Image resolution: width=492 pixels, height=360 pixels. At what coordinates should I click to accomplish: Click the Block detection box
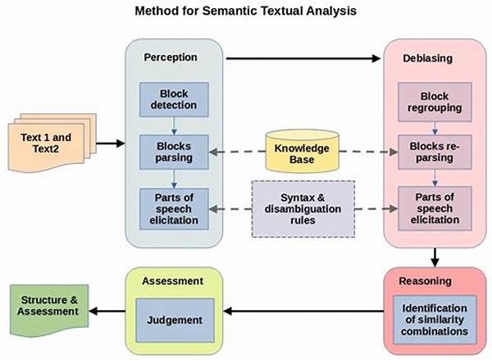tap(174, 99)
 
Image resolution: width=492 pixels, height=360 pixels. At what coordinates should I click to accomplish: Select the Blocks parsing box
tap(174, 153)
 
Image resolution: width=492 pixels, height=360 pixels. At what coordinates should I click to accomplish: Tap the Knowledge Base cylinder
tap(302, 151)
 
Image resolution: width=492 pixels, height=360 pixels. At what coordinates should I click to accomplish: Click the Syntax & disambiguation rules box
tap(303, 209)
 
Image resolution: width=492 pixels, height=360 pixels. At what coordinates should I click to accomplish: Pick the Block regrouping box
tap(435, 102)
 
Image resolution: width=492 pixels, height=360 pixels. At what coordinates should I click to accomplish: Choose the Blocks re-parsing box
tap(435, 153)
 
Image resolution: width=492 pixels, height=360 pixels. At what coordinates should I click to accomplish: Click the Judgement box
tap(175, 320)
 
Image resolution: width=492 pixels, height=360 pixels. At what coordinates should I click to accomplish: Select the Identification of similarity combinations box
tap(435, 320)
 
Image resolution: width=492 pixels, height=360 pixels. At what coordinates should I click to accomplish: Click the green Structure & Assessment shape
tap(49, 310)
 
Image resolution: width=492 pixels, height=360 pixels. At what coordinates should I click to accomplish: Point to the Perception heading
tap(171, 57)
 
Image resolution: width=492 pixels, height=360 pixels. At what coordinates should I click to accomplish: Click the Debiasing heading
tap(428, 58)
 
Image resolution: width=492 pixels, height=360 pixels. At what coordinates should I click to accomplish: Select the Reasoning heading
tap(425, 281)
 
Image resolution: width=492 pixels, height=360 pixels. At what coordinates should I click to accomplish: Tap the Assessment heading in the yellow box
tap(172, 281)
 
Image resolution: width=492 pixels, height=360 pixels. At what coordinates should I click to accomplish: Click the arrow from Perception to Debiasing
tap(303, 58)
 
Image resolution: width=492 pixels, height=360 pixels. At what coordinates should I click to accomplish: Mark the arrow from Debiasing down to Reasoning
tap(435, 257)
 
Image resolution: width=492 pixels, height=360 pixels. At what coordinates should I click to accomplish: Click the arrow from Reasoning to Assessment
tap(303, 312)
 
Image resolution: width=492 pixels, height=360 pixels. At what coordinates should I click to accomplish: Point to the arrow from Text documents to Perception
tap(111, 144)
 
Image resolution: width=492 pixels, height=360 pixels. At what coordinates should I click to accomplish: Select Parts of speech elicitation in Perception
tap(174, 209)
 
